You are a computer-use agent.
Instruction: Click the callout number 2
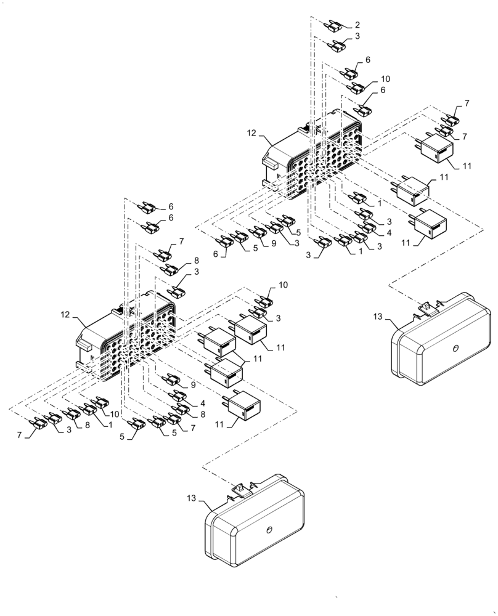(357, 25)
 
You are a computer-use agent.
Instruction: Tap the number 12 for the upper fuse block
(252, 133)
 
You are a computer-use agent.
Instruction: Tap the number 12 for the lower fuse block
(65, 314)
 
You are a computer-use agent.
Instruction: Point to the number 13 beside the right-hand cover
(378, 316)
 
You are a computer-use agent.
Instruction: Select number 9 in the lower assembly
(192, 385)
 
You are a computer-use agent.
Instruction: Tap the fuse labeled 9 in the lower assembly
(170, 381)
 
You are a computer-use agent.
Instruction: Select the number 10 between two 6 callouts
(385, 79)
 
